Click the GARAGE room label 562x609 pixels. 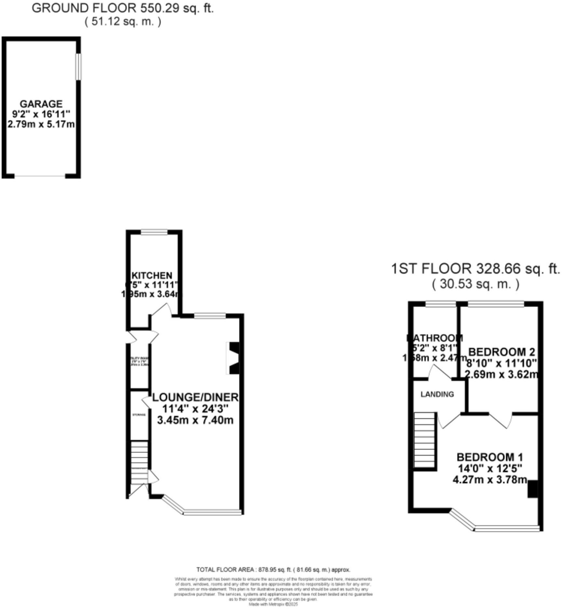pos(41,104)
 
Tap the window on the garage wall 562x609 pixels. pos(78,67)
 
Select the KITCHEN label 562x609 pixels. pos(152,275)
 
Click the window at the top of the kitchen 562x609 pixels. pos(154,232)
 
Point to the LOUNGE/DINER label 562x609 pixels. pos(195,397)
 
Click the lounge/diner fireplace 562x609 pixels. pos(234,358)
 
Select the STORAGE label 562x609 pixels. pos(139,415)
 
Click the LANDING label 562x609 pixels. pos(437,394)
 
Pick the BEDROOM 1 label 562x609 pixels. pos(489,457)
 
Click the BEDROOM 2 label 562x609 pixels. pos(501,352)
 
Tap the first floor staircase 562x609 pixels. pos(425,440)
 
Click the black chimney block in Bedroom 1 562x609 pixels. pos(532,489)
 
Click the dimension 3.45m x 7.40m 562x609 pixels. pos(195,420)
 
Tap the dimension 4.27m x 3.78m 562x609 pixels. pos(489,479)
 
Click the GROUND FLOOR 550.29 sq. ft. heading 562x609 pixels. pos(123,8)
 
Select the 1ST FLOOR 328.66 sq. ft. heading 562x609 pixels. pos(475,269)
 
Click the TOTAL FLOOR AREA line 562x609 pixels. pos(273,570)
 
